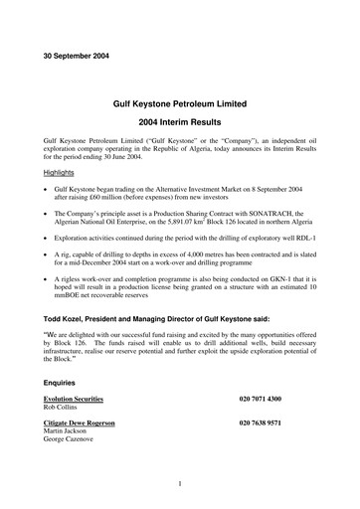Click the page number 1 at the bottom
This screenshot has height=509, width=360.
pyautogui.click(x=179, y=483)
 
